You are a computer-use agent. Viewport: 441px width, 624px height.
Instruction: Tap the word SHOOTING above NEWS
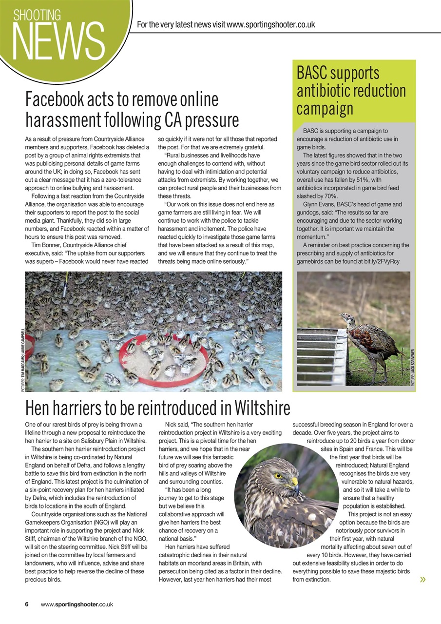pyautogui.click(x=37, y=15)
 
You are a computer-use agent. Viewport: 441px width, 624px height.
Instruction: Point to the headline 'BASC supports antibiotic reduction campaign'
pyautogui.click(x=351, y=91)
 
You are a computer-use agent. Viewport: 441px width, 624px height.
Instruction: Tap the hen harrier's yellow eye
pyautogui.click(x=278, y=475)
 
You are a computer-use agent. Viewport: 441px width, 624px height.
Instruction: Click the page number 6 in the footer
pyautogui.click(x=27, y=604)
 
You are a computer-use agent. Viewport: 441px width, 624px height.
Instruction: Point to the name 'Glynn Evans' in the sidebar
pyautogui.click(x=319, y=204)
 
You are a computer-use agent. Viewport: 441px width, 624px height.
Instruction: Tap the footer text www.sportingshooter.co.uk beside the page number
pyautogui.click(x=77, y=604)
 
